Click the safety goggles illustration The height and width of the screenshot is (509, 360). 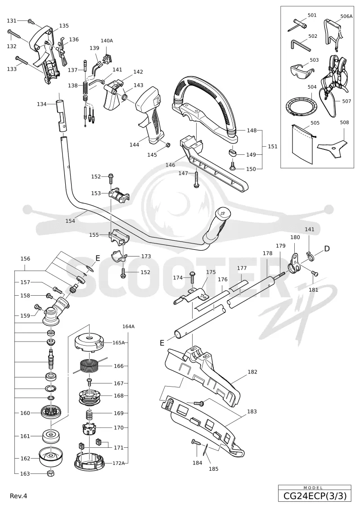(302, 70)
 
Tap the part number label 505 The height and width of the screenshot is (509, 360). (315, 123)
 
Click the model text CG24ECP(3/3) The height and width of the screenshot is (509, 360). (315, 496)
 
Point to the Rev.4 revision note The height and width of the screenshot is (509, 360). (18, 496)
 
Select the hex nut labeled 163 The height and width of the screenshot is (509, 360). (50, 473)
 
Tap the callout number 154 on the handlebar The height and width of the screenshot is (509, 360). (70, 221)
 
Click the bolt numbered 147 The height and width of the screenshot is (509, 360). (196, 179)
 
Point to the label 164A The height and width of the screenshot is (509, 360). (128, 327)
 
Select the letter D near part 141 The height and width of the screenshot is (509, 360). (327, 249)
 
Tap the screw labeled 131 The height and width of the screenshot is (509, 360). (31, 22)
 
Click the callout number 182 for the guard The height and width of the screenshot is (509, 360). (252, 372)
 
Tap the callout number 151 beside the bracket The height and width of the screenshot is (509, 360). (273, 146)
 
